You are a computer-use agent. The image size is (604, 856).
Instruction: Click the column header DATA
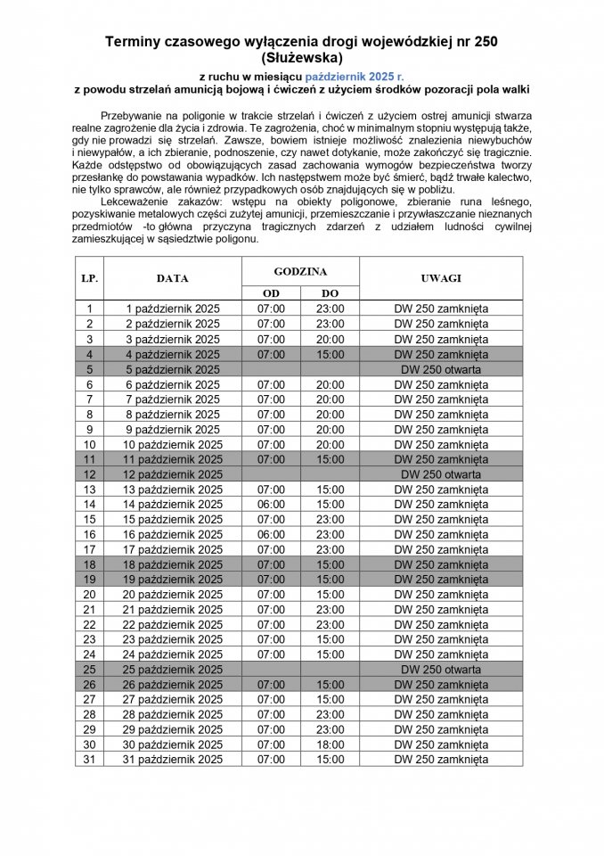click(173, 278)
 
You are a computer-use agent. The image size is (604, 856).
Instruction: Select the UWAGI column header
click(441, 278)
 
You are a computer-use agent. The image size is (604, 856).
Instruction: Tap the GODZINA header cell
click(300, 271)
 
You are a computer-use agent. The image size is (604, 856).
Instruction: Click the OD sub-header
click(271, 293)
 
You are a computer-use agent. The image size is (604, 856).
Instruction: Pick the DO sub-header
click(330, 293)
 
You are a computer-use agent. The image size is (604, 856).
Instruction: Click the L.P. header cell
click(89, 278)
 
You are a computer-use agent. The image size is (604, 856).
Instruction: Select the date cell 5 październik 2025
click(173, 369)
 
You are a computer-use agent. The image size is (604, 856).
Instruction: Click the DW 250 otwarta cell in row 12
click(441, 474)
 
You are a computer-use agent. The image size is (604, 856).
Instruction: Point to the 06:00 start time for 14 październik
click(271, 505)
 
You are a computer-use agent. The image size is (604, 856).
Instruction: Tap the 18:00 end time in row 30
click(330, 745)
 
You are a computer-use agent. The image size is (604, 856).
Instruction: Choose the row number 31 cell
click(89, 760)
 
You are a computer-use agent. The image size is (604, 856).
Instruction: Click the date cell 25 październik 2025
click(173, 670)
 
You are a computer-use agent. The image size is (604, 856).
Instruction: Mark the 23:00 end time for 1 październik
click(330, 309)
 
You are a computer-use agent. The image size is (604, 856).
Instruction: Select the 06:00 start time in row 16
click(271, 534)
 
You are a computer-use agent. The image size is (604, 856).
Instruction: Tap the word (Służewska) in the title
click(301, 57)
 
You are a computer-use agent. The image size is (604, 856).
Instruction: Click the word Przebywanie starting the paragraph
click(137, 117)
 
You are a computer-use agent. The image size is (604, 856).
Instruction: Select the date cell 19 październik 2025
click(173, 580)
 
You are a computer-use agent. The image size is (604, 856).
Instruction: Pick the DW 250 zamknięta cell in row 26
click(441, 685)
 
